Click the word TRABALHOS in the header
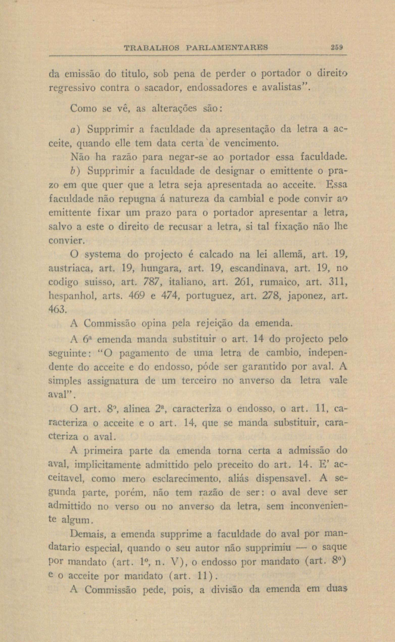(152, 48)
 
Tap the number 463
(58, 310)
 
